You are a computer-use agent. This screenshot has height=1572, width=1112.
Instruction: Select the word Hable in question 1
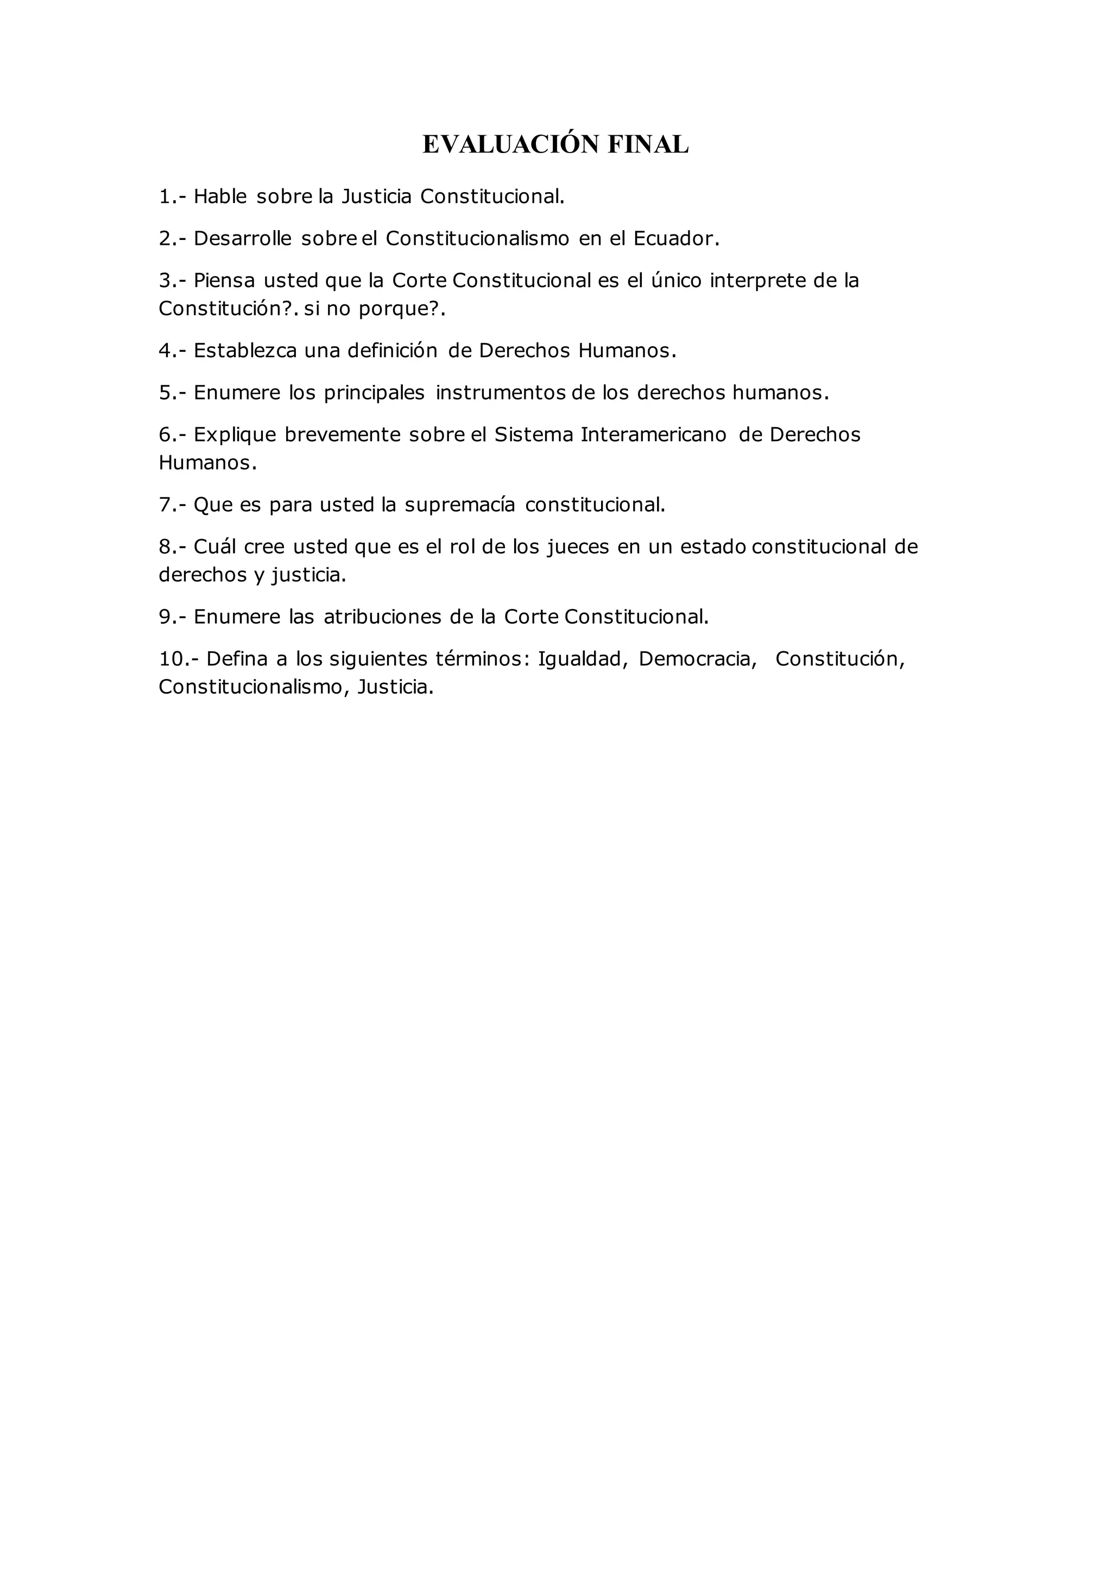(220, 196)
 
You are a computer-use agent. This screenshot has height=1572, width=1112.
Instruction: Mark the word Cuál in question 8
(214, 547)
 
